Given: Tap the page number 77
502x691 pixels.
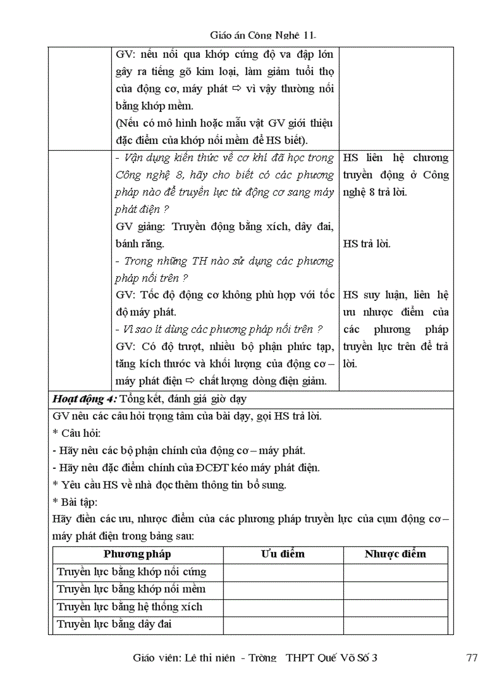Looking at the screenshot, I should pyautogui.click(x=472, y=658).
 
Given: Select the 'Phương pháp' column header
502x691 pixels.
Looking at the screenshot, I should pyautogui.click(x=137, y=554).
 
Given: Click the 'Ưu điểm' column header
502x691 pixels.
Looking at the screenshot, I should pyautogui.click(x=283, y=554).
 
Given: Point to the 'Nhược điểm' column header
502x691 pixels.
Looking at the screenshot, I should pyautogui.click(x=395, y=554).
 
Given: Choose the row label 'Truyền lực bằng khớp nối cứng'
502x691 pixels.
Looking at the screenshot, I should pyautogui.click(x=132, y=572).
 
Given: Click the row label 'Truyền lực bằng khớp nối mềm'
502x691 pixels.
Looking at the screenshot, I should pyautogui.click(x=131, y=589).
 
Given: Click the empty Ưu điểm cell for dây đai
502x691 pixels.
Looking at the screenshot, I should pyautogui.click(x=283, y=625).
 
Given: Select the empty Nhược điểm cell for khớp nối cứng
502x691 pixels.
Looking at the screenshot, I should pyautogui.click(x=395, y=572).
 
